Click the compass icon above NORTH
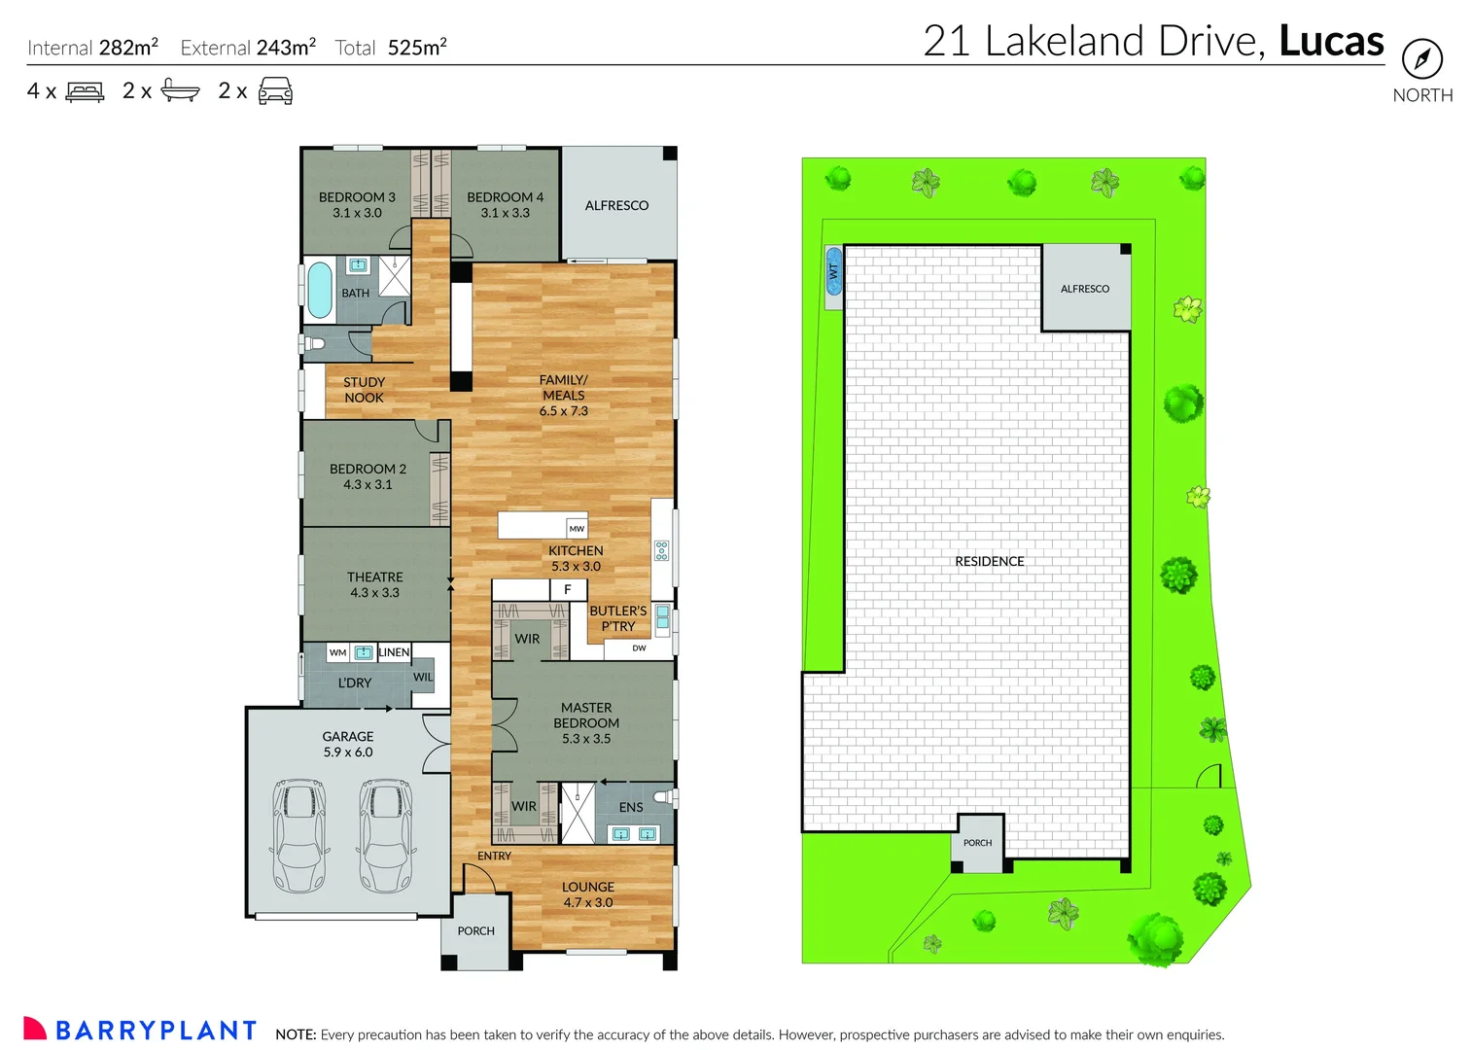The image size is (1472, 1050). coord(1421,59)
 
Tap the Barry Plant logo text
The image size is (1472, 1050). coord(156,1031)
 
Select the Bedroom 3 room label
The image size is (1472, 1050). coord(357,204)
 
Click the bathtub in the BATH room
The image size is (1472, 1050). coord(319,290)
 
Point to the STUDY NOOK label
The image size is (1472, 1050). coord(364,390)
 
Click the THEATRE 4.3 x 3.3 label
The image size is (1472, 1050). coord(374,584)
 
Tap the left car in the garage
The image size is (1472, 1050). coord(298,835)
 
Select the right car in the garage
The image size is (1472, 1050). coord(386,835)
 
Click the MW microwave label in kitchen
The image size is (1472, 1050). coord(577,529)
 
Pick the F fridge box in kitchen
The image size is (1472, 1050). coord(568,589)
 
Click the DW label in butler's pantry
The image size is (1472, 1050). coord(639,648)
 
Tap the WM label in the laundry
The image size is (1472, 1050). coord(337,652)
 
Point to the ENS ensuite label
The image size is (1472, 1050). coord(631,807)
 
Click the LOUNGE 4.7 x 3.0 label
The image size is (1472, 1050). coord(588,894)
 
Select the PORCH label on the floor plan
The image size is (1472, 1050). coord(475,931)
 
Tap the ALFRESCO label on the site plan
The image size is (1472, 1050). coord(1084,289)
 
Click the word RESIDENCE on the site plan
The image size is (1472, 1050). coord(989,561)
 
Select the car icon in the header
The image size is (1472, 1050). coord(275,91)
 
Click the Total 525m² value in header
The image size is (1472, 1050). coord(417,48)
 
